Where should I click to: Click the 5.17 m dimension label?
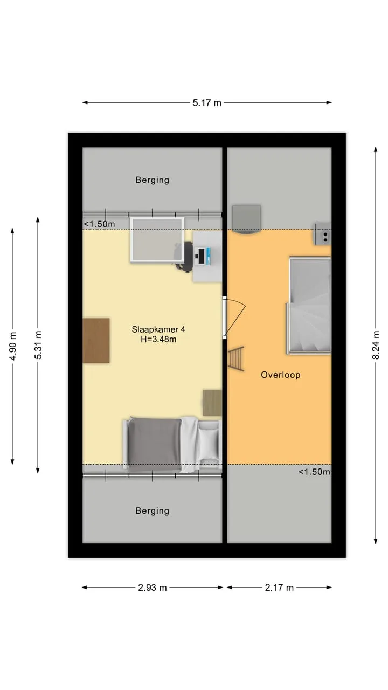tap(207, 102)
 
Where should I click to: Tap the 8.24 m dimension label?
tap(376, 345)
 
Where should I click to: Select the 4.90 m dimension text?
tap(12, 346)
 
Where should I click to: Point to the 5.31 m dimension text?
tap(38, 345)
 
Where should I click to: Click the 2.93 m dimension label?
tap(152, 588)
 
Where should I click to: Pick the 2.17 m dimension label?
tap(279, 588)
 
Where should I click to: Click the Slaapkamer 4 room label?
tap(158, 329)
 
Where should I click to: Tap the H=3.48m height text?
tap(158, 340)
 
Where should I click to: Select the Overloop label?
tap(281, 375)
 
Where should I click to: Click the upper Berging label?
tap(153, 180)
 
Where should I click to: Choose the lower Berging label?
tap(153, 511)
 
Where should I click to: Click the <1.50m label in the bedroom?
tap(99, 224)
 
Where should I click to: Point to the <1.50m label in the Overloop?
tap(314, 472)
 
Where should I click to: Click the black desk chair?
tap(185, 256)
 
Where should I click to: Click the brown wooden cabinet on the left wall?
tap(96, 341)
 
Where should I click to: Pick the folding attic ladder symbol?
tap(236, 358)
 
